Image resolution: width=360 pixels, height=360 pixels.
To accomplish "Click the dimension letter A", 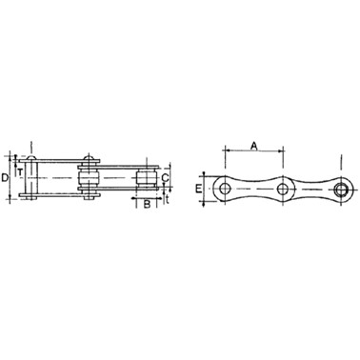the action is (x=253, y=146).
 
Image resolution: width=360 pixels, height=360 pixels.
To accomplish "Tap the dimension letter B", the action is (x=147, y=204).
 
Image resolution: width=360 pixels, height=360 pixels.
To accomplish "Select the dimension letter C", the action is (x=165, y=178).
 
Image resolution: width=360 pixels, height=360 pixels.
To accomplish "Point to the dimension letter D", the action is (x=5, y=178).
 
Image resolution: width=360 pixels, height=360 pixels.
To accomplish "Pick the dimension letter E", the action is (x=198, y=190).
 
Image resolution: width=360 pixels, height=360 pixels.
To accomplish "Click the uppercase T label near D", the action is (x=20, y=172).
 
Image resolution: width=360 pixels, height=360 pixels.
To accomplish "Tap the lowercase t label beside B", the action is (x=167, y=199).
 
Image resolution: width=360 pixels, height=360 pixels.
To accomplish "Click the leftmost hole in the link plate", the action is (x=225, y=189).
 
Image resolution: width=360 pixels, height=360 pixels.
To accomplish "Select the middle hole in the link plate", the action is (x=282, y=190).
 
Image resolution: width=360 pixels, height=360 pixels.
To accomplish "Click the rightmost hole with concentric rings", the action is (x=341, y=190).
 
